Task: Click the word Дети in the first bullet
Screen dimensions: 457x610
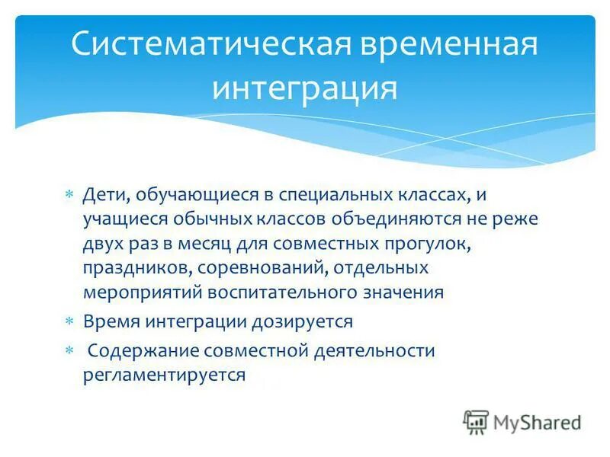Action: (104, 195)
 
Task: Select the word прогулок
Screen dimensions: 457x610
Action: (429, 244)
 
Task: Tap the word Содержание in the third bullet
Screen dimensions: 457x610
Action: (134, 350)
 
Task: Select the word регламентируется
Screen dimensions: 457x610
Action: (165, 375)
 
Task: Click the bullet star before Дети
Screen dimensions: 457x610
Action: (69, 196)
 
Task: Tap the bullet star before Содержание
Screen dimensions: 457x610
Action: (69, 351)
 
